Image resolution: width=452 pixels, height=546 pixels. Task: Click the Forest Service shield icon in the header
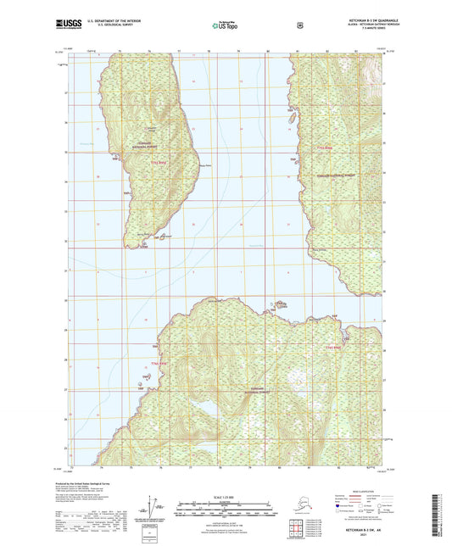[x=299, y=25]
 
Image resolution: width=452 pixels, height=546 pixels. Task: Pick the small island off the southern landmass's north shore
[x=277, y=304]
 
